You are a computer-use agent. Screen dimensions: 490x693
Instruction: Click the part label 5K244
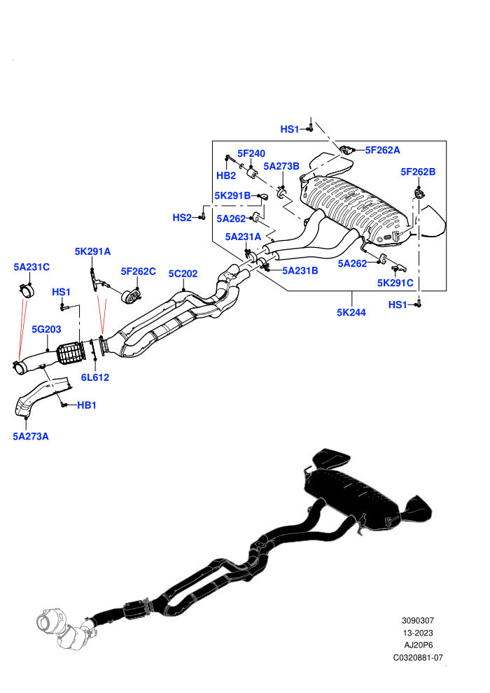point(351,312)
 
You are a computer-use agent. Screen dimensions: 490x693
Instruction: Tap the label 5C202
point(183,274)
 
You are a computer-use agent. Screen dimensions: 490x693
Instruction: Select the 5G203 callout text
point(46,329)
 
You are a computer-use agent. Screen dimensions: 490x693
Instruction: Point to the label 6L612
point(95,377)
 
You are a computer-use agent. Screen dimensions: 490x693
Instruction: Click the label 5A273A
point(31,437)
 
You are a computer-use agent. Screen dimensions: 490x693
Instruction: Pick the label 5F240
point(251,153)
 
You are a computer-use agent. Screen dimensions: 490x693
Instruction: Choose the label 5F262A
point(383,150)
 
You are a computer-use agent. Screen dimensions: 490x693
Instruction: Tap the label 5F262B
point(418,171)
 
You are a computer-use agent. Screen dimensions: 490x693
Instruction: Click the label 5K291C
point(395,283)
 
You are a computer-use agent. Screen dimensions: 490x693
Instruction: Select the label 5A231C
point(31,267)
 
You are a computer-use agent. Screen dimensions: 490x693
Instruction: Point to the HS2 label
point(182,218)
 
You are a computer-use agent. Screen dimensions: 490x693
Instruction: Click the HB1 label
point(87,405)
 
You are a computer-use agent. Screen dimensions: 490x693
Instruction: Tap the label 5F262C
point(139,271)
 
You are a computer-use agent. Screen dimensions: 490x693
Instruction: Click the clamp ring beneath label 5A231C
point(27,290)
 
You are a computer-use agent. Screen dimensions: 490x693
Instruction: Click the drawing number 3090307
point(418,620)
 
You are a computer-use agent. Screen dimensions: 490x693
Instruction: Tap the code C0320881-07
point(418,657)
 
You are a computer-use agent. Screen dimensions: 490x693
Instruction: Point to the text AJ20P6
point(419,645)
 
